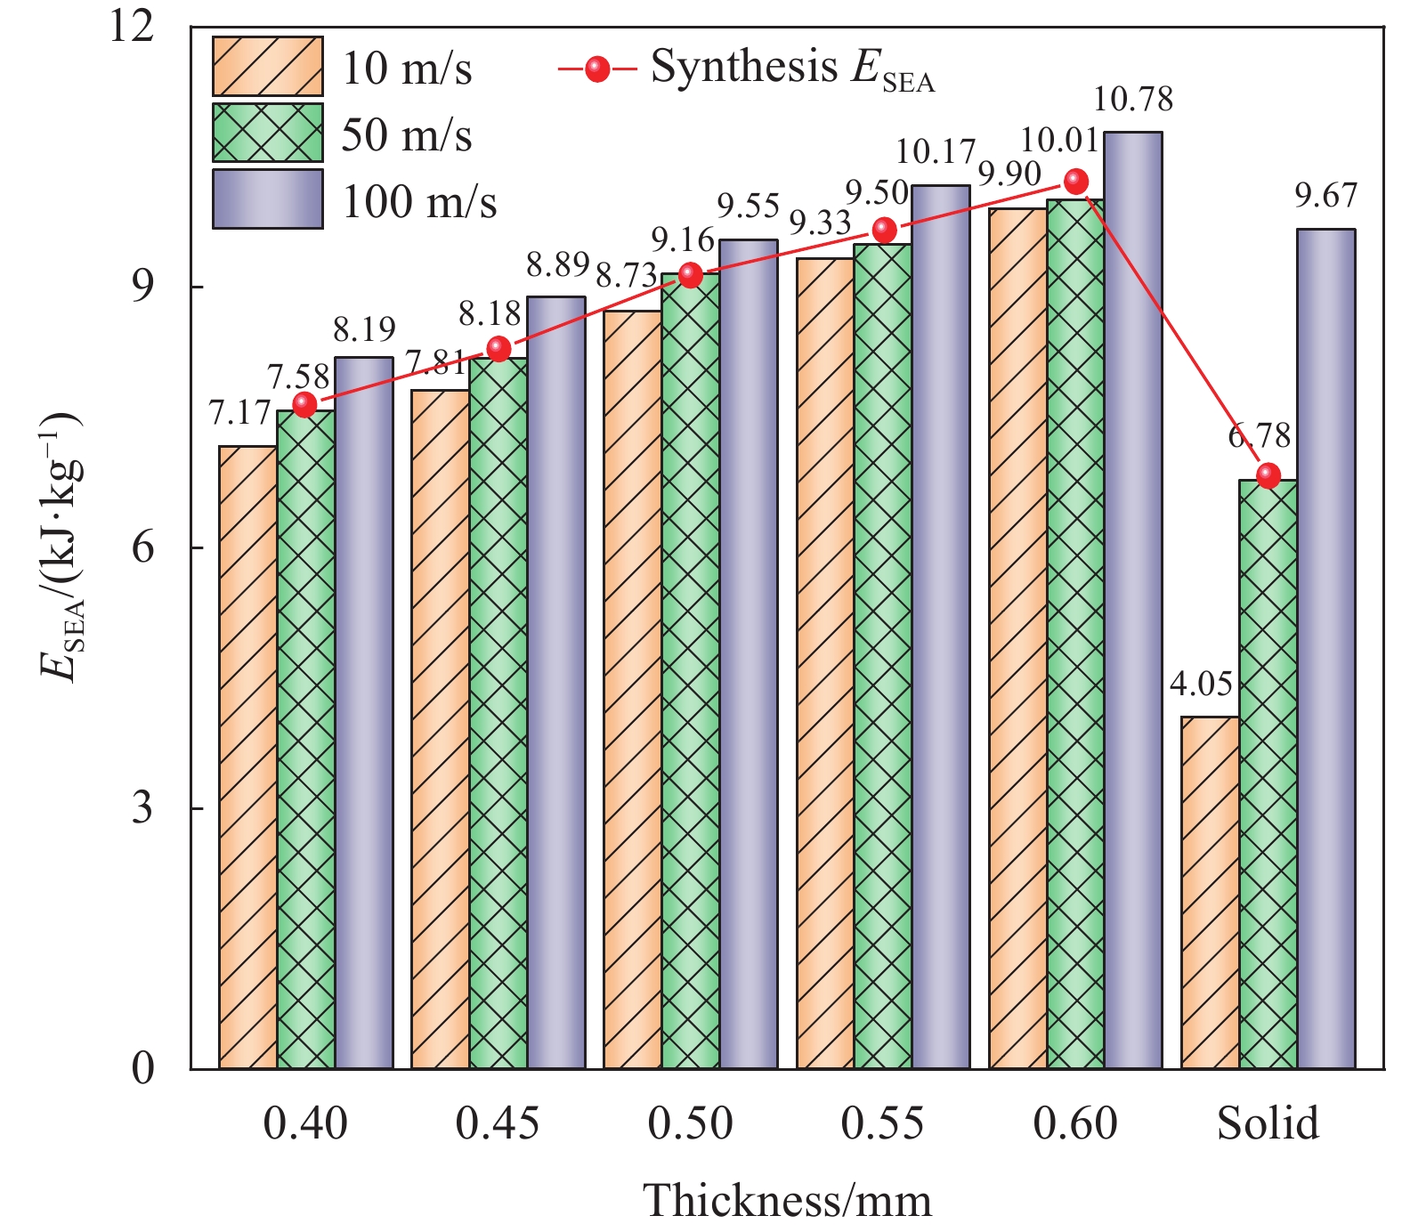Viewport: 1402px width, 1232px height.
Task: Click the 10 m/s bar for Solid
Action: (x=1210, y=892)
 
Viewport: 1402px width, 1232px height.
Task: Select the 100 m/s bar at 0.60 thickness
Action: (x=1132, y=600)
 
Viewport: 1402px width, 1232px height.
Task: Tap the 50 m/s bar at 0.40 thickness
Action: (x=305, y=739)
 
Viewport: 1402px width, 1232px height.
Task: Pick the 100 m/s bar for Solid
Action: (x=1325, y=649)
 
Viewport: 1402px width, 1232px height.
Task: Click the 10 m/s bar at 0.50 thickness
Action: (x=632, y=690)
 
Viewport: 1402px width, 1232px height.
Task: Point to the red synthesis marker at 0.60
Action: (x=1076, y=182)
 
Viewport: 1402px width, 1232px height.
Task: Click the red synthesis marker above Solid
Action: (x=1268, y=475)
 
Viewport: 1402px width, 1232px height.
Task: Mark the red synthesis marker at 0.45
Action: (x=498, y=348)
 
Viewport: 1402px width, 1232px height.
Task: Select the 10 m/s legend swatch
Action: (x=267, y=66)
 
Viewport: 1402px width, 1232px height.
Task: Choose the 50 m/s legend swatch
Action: (x=267, y=133)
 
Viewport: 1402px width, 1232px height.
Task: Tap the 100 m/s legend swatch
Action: (x=267, y=199)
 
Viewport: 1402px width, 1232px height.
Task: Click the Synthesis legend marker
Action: (x=597, y=69)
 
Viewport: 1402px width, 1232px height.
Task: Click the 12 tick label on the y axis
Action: (x=134, y=27)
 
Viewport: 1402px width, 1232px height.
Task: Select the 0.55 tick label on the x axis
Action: (x=882, y=1123)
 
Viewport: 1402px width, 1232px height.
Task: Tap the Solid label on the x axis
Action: (x=1268, y=1123)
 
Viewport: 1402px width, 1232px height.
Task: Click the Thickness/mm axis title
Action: (x=787, y=1201)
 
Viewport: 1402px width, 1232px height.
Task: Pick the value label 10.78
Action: (x=1132, y=100)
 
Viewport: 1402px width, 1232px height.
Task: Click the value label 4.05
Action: (x=1201, y=685)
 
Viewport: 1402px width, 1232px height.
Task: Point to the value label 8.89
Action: (x=557, y=264)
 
